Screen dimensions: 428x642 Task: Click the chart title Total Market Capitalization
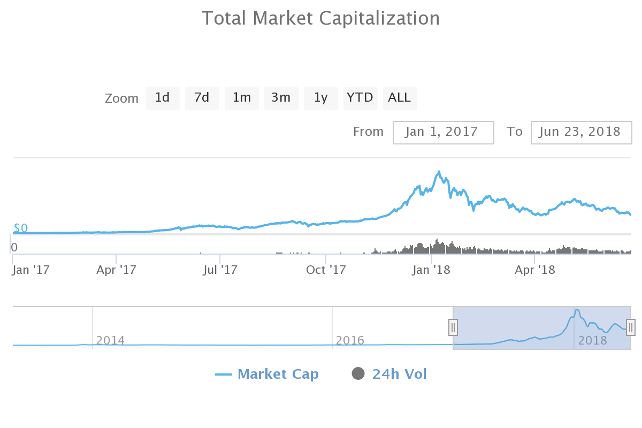coord(320,18)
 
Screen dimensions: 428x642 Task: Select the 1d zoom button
coord(162,98)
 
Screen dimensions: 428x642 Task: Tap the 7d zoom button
coord(202,98)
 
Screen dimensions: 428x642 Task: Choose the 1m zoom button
coord(241,98)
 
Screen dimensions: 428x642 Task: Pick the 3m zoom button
coord(281,98)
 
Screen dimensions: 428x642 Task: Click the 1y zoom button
coord(320,98)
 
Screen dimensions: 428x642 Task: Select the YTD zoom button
coord(360,98)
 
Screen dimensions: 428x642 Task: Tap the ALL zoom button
coord(400,98)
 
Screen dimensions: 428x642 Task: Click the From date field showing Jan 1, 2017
coord(443,132)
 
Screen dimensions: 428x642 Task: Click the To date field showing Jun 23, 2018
coord(581,132)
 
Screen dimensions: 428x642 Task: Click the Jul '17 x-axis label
coord(220,270)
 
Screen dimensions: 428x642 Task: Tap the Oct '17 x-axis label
coord(326,270)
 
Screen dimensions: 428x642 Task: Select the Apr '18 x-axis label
coord(535,270)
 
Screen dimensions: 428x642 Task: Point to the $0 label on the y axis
coord(20,228)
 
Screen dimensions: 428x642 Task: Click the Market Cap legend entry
coord(267,374)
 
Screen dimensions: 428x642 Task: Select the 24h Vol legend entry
coord(389,374)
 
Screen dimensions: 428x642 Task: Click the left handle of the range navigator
coord(453,327)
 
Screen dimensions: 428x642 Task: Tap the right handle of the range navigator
coord(631,327)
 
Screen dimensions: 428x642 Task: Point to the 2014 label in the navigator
coord(110,340)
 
